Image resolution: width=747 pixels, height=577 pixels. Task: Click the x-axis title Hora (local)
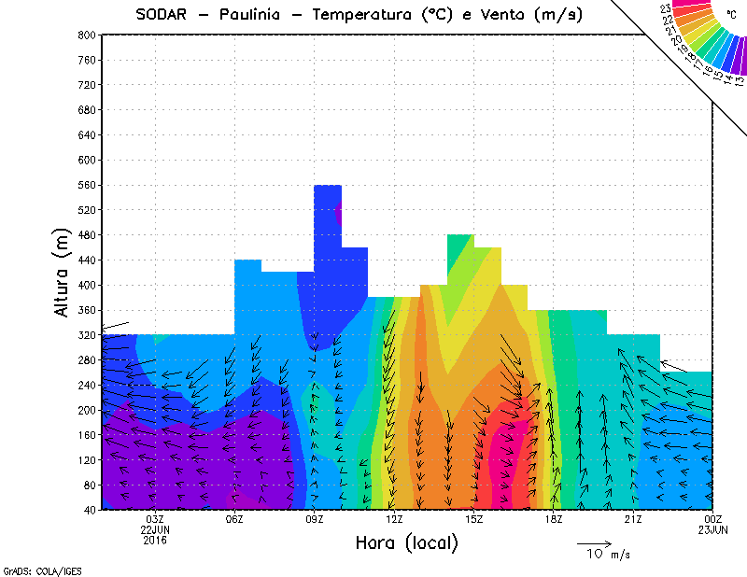(x=407, y=542)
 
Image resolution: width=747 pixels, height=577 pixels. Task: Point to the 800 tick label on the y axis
(x=87, y=35)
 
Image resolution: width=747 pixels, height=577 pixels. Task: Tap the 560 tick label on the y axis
(x=87, y=185)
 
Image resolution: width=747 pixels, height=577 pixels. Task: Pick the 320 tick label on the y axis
(x=87, y=335)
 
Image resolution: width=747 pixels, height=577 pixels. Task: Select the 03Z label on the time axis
(x=155, y=519)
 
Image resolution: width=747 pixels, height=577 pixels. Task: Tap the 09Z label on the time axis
(x=314, y=519)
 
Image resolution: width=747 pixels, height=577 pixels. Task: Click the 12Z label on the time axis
(x=394, y=519)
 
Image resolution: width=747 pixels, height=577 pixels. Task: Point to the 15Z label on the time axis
(x=473, y=519)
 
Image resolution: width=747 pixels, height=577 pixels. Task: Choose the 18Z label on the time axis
(x=553, y=519)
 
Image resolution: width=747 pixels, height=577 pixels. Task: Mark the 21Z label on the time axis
(x=633, y=519)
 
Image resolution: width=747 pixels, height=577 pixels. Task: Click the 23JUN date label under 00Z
(x=712, y=530)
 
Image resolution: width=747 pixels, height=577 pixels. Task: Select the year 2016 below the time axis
(x=155, y=541)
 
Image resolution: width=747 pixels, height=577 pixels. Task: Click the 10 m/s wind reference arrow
(x=593, y=542)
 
